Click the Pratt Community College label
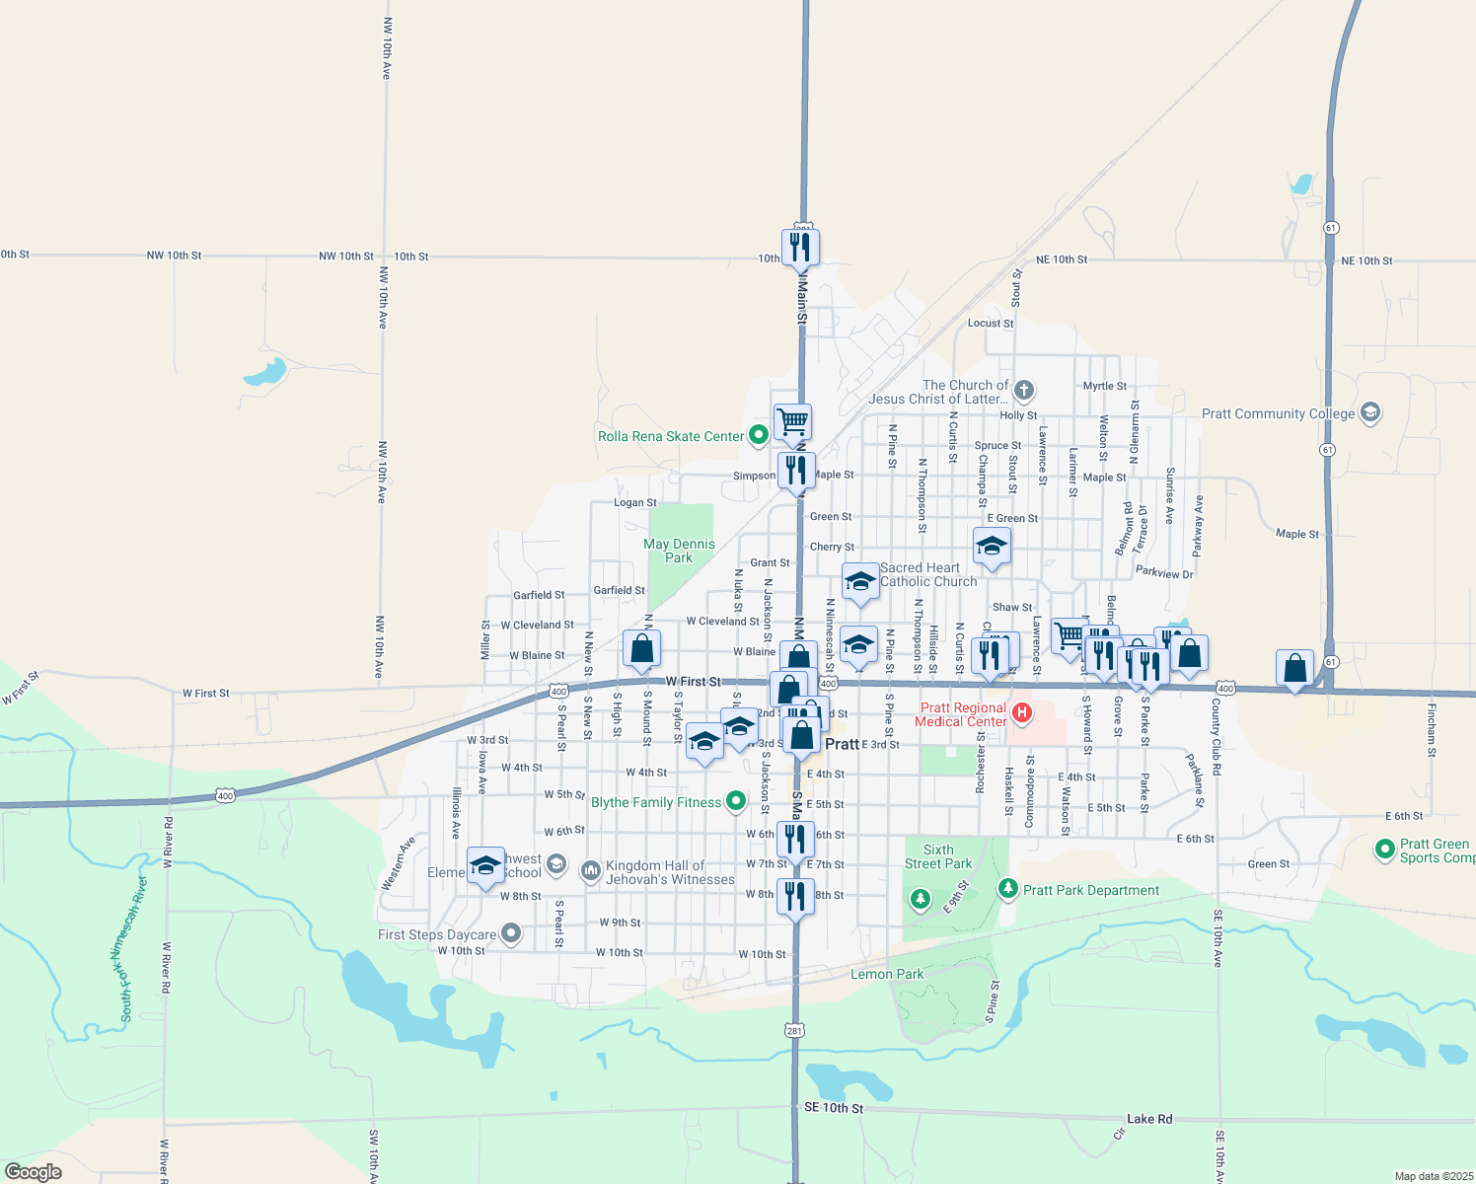(1278, 414)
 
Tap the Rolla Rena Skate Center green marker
(759, 434)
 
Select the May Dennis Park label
(679, 551)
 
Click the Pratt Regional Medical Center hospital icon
(1022, 712)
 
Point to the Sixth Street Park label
(938, 856)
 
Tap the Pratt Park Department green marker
(1007, 889)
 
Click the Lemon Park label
(887, 975)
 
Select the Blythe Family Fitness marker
(736, 801)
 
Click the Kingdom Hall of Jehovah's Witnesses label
(670, 873)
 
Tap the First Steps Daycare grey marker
(511, 932)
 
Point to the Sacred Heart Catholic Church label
(927, 574)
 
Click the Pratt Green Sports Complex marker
(1384, 849)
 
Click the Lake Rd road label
(1149, 1119)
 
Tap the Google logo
(34, 1172)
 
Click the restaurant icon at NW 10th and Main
(800, 246)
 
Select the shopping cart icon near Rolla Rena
(792, 421)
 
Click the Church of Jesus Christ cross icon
(1024, 391)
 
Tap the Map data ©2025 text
(1434, 1176)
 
